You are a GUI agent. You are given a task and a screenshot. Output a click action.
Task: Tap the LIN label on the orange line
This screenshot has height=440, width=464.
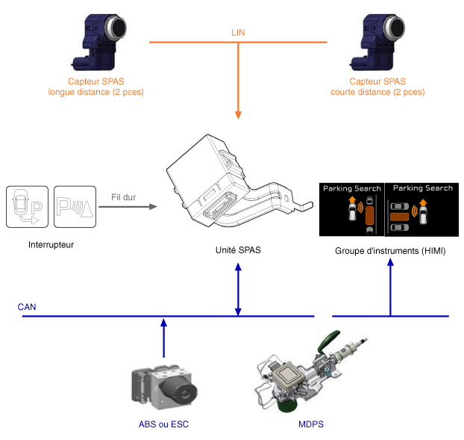tap(239, 33)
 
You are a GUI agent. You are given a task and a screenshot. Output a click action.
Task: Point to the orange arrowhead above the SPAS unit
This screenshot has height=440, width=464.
tap(238, 114)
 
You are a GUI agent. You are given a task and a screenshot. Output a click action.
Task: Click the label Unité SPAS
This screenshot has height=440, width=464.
tap(238, 250)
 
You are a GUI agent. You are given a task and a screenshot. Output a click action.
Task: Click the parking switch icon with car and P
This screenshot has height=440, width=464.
tap(26, 206)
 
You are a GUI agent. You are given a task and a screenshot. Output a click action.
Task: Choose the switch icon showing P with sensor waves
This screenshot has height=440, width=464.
tap(75, 206)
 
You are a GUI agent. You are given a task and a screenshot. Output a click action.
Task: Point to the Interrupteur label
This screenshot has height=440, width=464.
tap(51, 245)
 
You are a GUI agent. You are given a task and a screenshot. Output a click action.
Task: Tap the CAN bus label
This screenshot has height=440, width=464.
tap(27, 307)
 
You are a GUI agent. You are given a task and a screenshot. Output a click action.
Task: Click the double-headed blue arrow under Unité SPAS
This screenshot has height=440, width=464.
tap(238, 288)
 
